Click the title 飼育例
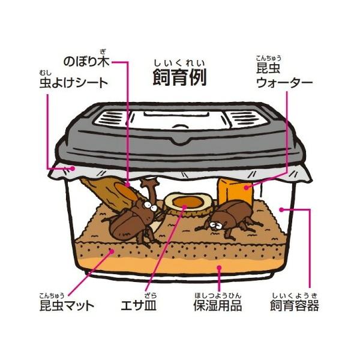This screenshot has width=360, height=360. click(179, 77)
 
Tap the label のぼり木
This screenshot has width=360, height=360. click(86, 62)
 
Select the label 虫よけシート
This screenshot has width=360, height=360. click(74, 83)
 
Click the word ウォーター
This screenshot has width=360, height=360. click(284, 83)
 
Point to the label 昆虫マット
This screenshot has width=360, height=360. click(67, 305)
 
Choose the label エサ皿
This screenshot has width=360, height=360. click(139, 305)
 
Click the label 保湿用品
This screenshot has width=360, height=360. click(218, 305)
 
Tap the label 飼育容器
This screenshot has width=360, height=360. click(295, 305)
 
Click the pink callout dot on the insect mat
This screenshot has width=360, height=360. click(112, 251)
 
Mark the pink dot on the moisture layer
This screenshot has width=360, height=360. click(220, 268)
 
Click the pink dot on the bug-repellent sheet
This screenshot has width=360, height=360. click(73, 168)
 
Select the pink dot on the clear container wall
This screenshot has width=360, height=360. click(282, 209)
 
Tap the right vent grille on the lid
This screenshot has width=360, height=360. click(245, 119)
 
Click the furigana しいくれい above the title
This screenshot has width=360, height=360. click(179, 63)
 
